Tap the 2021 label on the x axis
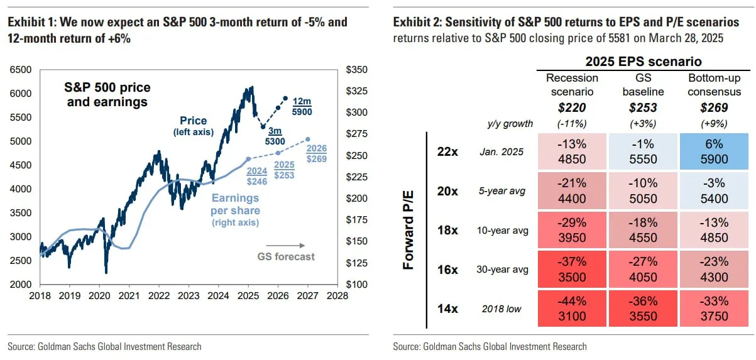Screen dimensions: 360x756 [129, 295]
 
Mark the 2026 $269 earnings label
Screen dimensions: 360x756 [317, 154]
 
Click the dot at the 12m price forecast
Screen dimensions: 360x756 [285, 99]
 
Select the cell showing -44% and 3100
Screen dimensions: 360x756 [572, 308]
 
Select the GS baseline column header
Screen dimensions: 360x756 [643, 85]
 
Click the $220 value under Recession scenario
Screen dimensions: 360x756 [572, 107]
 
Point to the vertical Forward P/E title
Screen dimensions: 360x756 [408, 230]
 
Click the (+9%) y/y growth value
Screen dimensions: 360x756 [715, 124]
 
